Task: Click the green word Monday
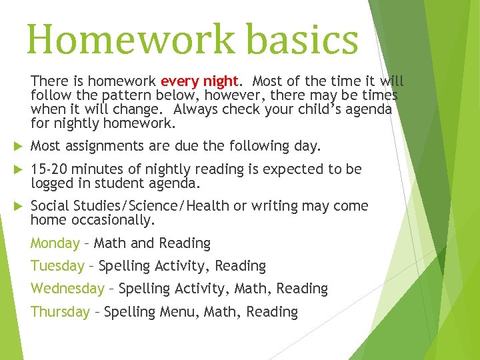coord(55,243)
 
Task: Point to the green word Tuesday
coord(57,266)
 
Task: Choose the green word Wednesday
coord(67,289)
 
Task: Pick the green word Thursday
coord(60,311)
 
